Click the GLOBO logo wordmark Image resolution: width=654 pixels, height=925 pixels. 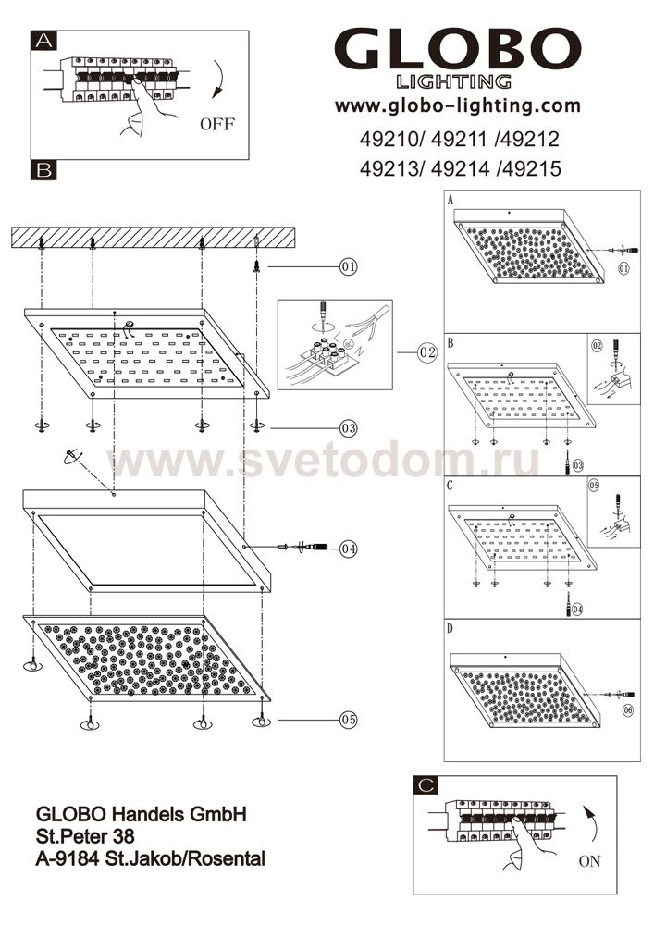pyautogui.click(x=458, y=51)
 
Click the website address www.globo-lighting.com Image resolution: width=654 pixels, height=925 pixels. pyautogui.click(x=458, y=106)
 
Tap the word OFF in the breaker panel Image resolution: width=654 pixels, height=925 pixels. pyautogui.click(x=217, y=125)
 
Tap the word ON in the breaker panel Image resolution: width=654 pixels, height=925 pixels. pyautogui.click(x=590, y=860)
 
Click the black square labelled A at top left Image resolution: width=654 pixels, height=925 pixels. pyautogui.click(x=43, y=41)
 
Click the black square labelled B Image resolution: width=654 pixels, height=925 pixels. pyautogui.click(x=43, y=170)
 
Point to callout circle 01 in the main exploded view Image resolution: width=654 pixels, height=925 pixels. pyautogui.click(x=349, y=266)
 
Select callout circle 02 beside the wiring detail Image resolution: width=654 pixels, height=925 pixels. pyautogui.click(x=427, y=352)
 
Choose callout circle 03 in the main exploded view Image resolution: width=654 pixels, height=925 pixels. pyautogui.click(x=349, y=427)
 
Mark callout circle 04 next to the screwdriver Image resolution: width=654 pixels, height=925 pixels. pyautogui.click(x=349, y=549)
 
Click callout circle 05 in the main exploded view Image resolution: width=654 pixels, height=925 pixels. pyautogui.click(x=349, y=720)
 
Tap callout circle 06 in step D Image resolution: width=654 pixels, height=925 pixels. pyautogui.click(x=627, y=710)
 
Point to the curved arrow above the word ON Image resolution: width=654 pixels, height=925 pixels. pyautogui.click(x=591, y=825)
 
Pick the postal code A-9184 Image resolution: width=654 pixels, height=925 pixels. pyautogui.click(x=68, y=859)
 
